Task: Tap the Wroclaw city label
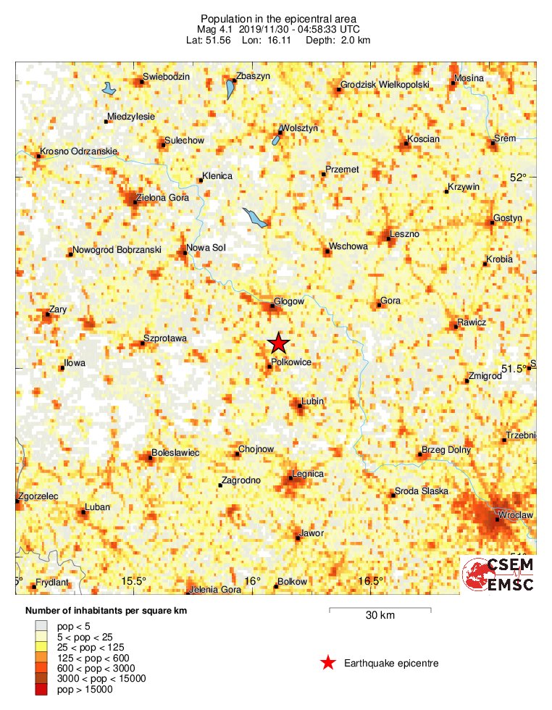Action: pyautogui.click(x=517, y=515)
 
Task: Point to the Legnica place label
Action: pyautogui.click(x=307, y=475)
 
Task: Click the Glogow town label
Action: pyautogui.click(x=289, y=301)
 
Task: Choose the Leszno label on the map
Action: pyautogui.click(x=404, y=234)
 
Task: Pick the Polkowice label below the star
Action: pyautogui.click(x=290, y=361)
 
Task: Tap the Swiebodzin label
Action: pyautogui.click(x=166, y=77)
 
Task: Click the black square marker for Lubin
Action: pyautogui.click(x=300, y=406)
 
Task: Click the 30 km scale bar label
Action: pyautogui.click(x=380, y=616)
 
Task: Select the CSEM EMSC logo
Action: pyautogui.click(x=498, y=575)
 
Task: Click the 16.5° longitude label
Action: pyautogui.click(x=371, y=581)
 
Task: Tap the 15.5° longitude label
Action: pyautogui.click(x=134, y=581)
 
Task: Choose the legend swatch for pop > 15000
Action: pyautogui.click(x=41, y=690)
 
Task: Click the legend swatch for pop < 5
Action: pyautogui.click(x=41, y=625)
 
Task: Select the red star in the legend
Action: pyautogui.click(x=328, y=662)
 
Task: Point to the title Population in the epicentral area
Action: pyautogui.click(x=279, y=18)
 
